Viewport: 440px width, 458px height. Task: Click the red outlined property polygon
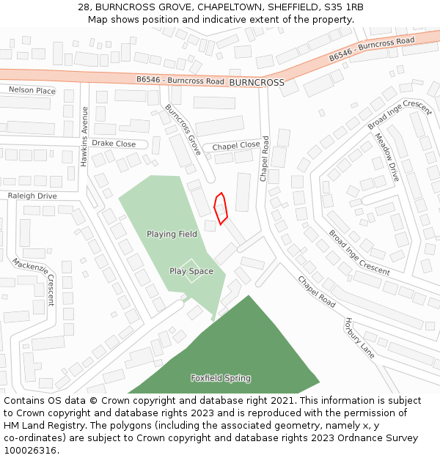221,209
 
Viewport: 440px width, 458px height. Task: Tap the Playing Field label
172,234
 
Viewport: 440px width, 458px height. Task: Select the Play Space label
191,272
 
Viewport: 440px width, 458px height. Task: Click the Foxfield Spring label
221,378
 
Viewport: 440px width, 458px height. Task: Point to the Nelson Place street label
32,90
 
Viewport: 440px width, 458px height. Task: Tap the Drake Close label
114,144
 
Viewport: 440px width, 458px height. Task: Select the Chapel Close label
236,146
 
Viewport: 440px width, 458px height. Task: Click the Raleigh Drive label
32,196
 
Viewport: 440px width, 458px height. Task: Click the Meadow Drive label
388,158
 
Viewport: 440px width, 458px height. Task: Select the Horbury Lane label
359,338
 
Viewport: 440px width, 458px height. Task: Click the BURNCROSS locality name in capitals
256,83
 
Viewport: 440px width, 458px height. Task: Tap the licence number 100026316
29,450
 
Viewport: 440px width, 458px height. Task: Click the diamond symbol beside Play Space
190,267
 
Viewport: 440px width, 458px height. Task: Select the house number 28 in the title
84,7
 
